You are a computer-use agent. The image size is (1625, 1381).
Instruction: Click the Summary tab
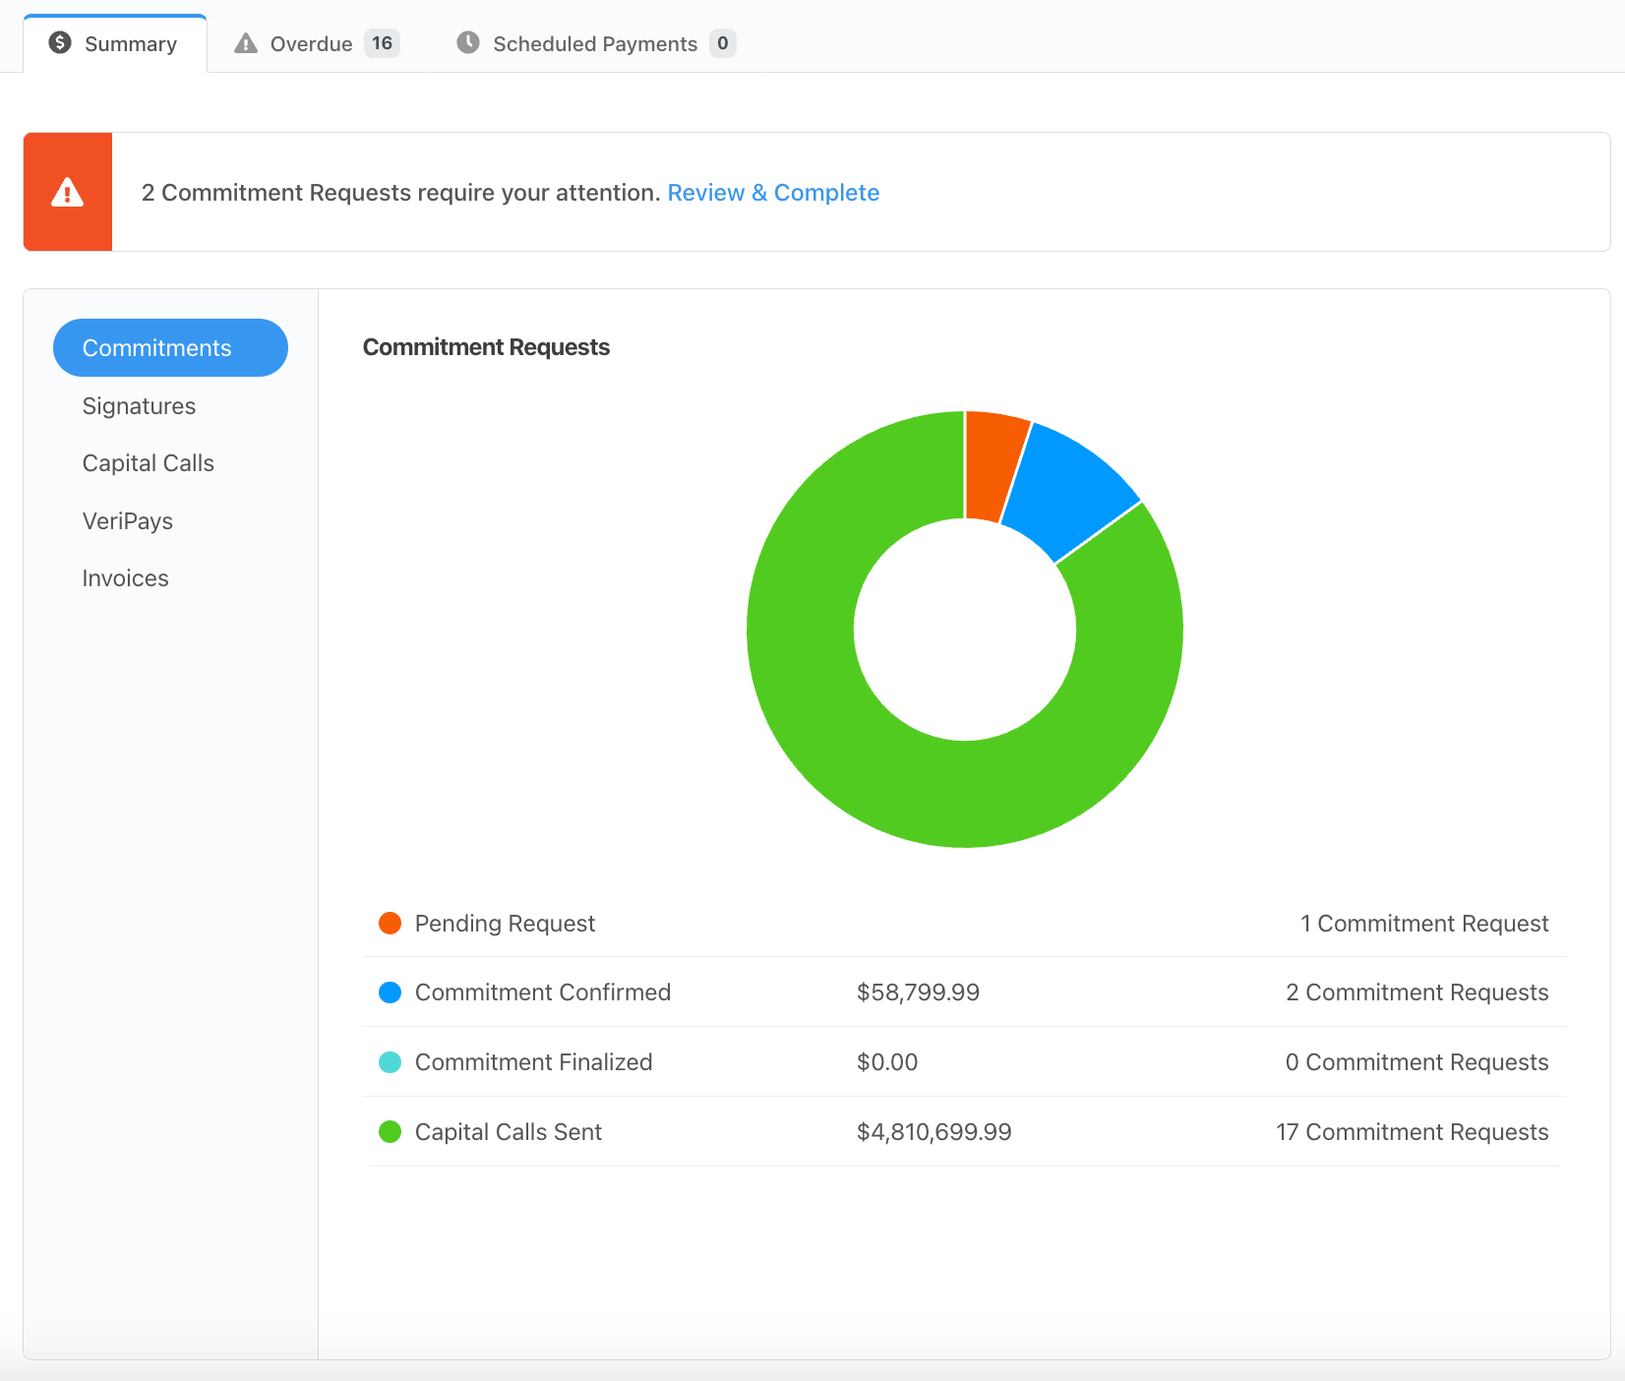[x=115, y=44]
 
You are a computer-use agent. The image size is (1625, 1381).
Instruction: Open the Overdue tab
[x=310, y=44]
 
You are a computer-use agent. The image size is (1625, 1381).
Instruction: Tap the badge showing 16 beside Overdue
[x=382, y=43]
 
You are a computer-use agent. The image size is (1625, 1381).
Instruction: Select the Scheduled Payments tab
[x=594, y=44]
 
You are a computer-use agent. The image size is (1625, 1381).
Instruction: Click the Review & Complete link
[x=773, y=193]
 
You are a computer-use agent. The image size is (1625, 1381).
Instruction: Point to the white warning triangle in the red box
[x=67, y=192]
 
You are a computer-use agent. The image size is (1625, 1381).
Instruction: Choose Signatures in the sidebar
[x=139, y=406]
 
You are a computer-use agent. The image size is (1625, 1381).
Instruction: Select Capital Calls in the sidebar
[x=148, y=463]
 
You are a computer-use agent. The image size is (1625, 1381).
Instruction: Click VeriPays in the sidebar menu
[x=127, y=521]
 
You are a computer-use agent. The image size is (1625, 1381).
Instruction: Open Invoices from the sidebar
[x=125, y=578]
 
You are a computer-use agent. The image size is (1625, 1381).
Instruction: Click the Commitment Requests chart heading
[x=486, y=347]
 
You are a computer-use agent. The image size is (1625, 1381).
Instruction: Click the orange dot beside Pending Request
[x=390, y=924]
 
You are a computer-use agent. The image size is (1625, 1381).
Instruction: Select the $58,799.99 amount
[x=918, y=992]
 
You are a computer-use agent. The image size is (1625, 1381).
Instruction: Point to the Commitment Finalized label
[x=533, y=1062]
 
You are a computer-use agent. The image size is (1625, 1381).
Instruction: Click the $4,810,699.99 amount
[x=933, y=1132]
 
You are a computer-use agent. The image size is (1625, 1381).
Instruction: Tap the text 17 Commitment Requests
[x=1412, y=1132]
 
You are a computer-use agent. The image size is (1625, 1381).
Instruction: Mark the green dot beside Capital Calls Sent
[x=390, y=1132]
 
